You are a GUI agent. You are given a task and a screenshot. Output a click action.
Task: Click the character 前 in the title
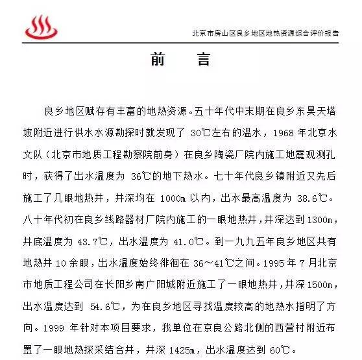(158, 60)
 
